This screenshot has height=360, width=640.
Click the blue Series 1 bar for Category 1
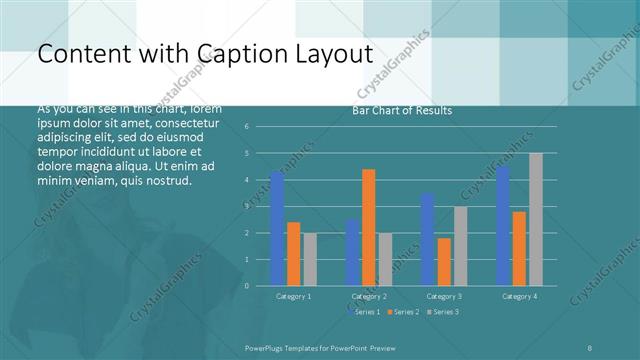click(x=277, y=229)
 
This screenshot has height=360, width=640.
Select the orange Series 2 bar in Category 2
click(x=369, y=227)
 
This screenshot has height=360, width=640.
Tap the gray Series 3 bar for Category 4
click(x=536, y=219)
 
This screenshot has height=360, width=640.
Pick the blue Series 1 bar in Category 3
click(x=428, y=239)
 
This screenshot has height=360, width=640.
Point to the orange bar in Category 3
click(x=444, y=261)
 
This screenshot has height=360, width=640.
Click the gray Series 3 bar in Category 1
click(x=310, y=259)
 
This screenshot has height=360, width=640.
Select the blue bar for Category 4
click(x=503, y=226)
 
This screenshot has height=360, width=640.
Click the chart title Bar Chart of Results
click(x=402, y=111)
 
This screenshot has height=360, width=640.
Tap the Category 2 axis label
click(x=369, y=296)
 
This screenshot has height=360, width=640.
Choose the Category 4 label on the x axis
click(x=519, y=296)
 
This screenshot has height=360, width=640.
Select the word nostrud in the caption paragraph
click(x=166, y=181)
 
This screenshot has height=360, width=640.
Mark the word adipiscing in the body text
click(x=66, y=134)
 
